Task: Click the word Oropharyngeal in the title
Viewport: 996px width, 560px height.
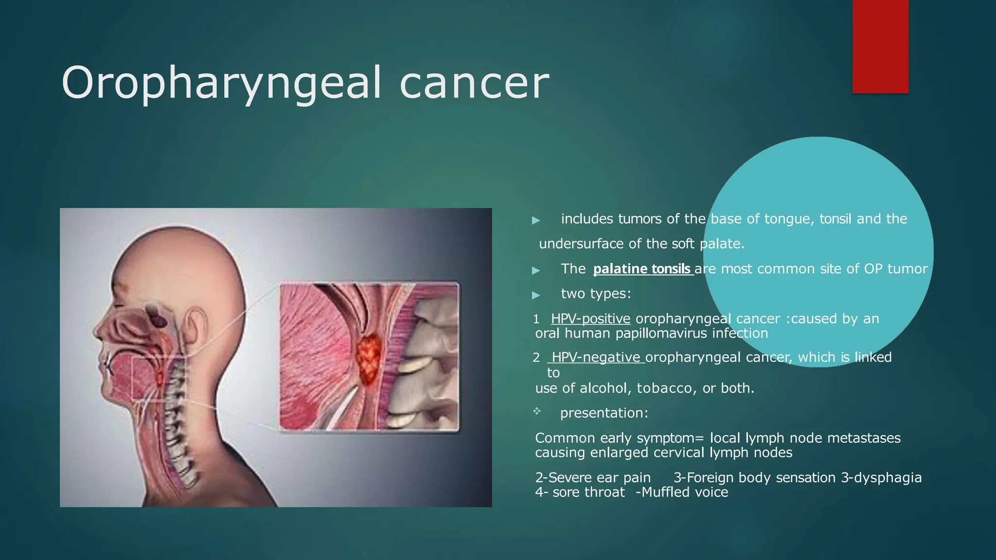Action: click(x=221, y=84)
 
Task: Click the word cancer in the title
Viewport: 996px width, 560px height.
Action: click(x=474, y=84)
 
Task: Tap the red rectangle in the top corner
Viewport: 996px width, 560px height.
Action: click(x=880, y=47)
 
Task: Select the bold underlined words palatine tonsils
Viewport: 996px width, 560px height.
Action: click(x=642, y=269)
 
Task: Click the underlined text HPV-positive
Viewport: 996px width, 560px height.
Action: click(x=590, y=319)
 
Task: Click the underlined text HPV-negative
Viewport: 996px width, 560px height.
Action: click(x=596, y=357)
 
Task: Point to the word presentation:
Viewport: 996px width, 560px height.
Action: click(x=604, y=413)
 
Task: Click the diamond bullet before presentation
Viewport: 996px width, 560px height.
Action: click(x=536, y=412)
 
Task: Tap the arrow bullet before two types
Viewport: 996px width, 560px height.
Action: click(x=536, y=295)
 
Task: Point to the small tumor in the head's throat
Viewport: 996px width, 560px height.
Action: click(x=159, y=377)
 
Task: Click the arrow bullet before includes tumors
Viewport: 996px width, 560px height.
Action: click(x=536, y=220)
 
